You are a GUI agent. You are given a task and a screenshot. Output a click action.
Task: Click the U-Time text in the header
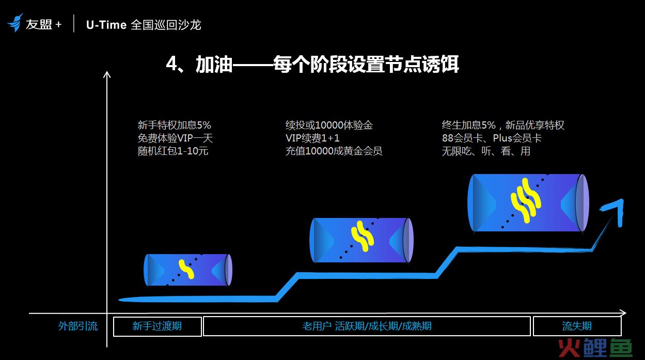coord(106,25)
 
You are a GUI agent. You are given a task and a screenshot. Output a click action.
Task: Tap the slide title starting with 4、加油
coord(312,64)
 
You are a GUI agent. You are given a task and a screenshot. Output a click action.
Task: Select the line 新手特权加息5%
coord(174,125)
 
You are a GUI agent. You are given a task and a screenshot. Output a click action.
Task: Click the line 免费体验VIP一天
coord(175,138)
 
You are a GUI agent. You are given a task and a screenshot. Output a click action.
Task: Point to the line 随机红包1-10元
coord(173,151)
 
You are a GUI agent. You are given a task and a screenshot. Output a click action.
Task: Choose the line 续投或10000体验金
coord(329,125)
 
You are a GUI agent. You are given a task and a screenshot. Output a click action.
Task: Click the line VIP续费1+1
coord(312,138)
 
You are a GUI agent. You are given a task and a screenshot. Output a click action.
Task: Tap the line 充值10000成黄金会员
coord(334,151)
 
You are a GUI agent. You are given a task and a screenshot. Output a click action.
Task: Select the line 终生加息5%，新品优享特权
coord(503,125)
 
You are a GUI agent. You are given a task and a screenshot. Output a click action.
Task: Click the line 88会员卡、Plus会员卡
coord(492,138)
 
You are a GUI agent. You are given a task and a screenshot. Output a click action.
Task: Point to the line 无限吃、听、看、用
coord(486,151)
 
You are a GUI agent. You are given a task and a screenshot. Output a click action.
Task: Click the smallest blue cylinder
coord(188,270)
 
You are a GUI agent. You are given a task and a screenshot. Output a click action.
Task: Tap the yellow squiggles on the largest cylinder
coord(526,200)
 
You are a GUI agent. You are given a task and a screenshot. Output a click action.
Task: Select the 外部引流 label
coord(78,326)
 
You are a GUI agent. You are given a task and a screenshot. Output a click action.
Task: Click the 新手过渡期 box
coord(157,326)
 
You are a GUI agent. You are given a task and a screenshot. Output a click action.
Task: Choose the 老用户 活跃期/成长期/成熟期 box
coord(367,326)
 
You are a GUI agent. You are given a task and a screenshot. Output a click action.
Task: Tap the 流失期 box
coord(577,326)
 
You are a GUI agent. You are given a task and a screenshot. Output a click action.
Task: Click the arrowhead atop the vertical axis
coord(107,74)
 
